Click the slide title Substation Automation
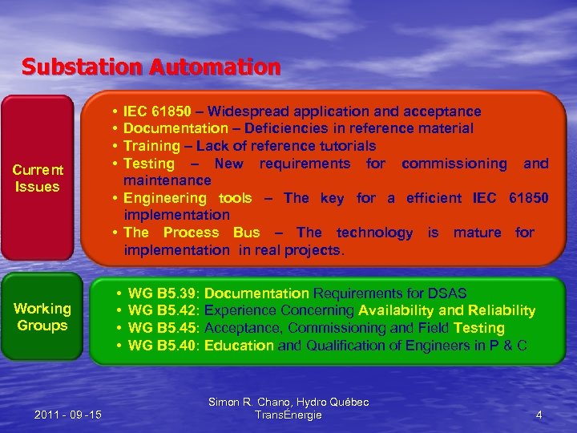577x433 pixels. tap(151, 67)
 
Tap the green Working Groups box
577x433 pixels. tap(42, 317)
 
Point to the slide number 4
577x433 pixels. tap(539, 415)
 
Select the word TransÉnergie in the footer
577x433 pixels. tap(288, 415)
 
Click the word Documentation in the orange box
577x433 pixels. tap(176, 128)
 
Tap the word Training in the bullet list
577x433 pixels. tap(151, 146)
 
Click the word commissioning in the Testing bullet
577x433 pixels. tap(454, 164)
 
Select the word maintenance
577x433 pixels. tap(167, 180)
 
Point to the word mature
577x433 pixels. tap(477, 233)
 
